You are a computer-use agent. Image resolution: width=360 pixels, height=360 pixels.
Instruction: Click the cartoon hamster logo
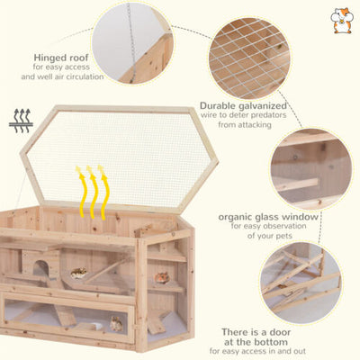(x=342, y=21)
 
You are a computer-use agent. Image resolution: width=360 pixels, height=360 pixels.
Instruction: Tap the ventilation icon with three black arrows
(x=21, y=121)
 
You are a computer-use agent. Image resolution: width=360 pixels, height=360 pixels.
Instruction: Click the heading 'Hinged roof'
(x=61, y=58)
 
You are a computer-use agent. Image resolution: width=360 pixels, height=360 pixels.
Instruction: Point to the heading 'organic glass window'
(x=268, y=217)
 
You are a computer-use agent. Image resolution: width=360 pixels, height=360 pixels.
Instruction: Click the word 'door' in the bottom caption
(x=276, y=332)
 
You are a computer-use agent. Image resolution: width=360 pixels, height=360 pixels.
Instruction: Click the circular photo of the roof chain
(x=132, y=43)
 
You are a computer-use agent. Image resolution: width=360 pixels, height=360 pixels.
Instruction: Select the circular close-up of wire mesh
(x=249, y=58)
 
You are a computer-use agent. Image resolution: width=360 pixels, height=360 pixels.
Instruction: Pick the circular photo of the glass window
(x=310, y=169)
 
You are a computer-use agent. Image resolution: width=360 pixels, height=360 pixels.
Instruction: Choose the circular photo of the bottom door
(x=301, y=283)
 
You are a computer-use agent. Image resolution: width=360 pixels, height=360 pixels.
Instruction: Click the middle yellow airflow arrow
(x=93, y=191)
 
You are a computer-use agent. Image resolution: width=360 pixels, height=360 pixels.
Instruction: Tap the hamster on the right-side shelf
(x=162, y=277)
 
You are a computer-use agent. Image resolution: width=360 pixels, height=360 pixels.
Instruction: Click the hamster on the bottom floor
(x=116, y=324)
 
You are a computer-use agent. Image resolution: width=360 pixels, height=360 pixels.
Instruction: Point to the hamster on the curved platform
(x=78, y=273)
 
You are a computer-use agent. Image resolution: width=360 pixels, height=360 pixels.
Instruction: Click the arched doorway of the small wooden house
(x=40, y=268)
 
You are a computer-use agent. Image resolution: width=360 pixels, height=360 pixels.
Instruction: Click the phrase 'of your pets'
(x=270, y=236)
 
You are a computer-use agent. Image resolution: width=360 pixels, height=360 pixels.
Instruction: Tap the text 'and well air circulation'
(x=62, y=76)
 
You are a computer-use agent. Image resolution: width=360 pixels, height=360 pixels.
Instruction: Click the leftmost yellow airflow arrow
(x=81, y=191)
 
